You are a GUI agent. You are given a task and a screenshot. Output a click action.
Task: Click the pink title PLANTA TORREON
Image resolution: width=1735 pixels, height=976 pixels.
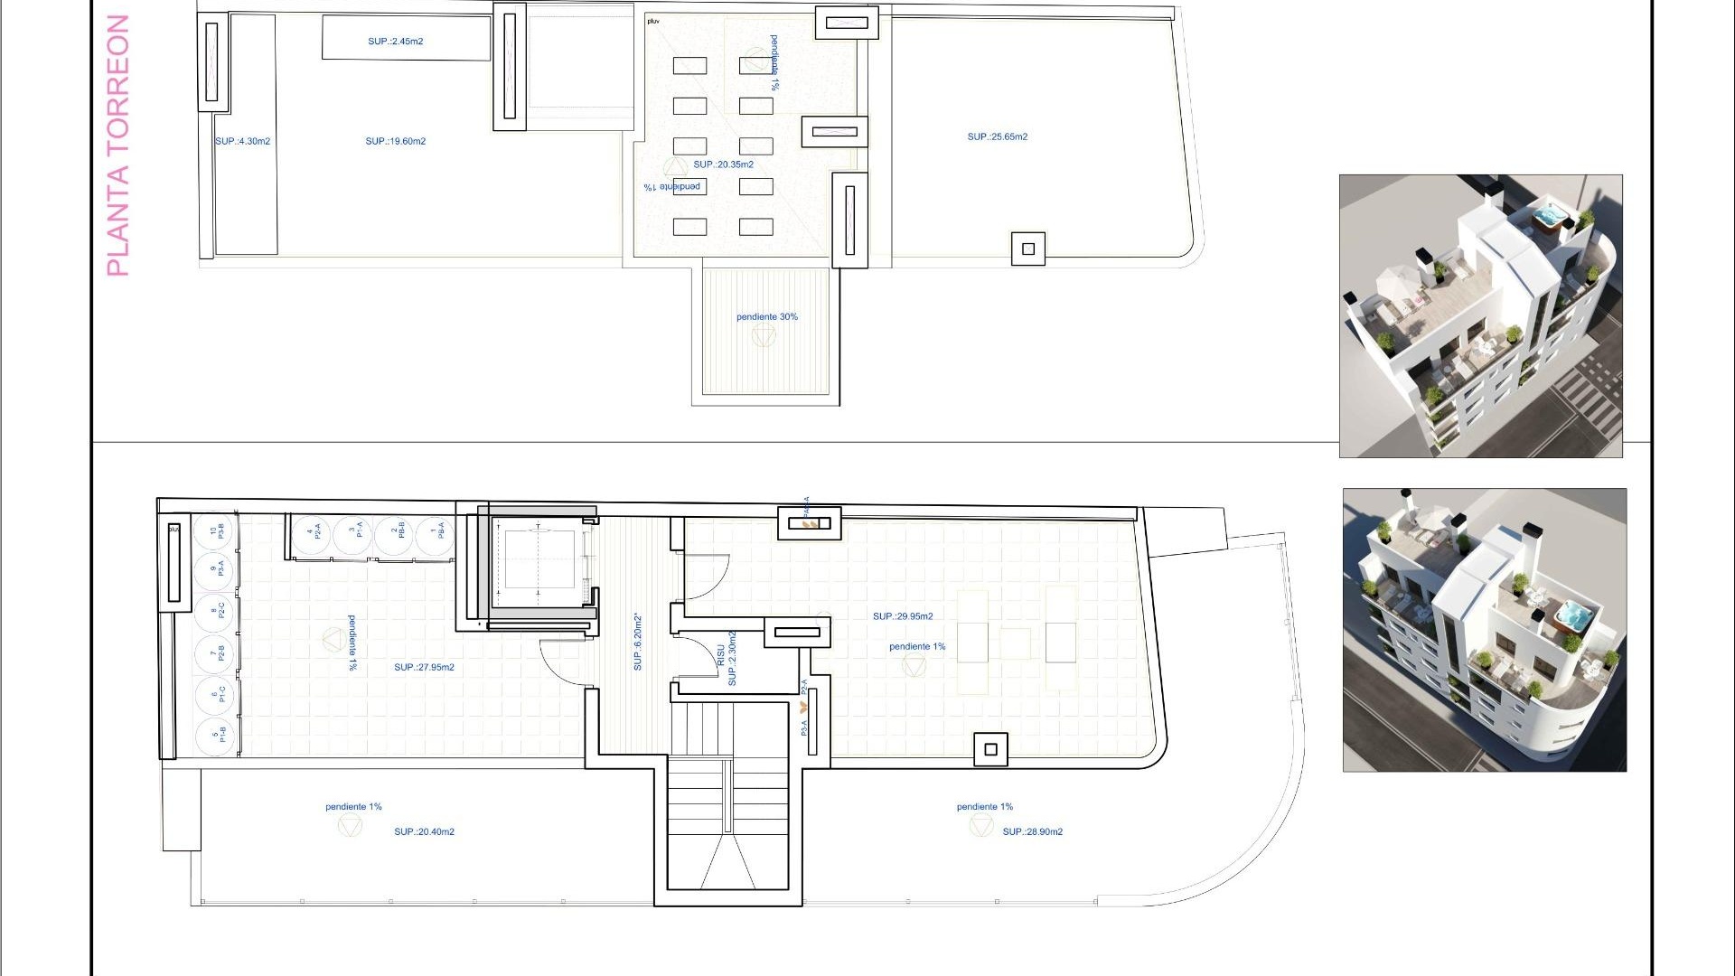[118, 145]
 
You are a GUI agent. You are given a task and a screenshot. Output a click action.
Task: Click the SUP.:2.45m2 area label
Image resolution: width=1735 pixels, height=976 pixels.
[395, 42]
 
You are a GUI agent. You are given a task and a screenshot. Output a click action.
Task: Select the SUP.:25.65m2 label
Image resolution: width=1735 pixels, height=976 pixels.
[997, 137]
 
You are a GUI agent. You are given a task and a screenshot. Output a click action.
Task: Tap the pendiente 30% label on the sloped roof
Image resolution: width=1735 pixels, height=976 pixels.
[766, 317]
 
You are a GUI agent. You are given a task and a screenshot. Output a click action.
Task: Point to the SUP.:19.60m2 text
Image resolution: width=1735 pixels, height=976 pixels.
[395, 142]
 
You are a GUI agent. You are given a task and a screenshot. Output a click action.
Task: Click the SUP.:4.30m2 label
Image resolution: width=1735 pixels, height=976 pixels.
[242, 142]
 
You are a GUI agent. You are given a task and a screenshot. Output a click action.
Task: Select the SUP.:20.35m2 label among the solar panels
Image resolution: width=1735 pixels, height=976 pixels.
[723, 164]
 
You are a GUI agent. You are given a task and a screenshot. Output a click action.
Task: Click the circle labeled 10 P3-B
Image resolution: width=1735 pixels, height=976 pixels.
[215, 532]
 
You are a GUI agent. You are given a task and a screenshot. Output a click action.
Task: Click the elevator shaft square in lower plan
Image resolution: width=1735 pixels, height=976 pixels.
[539, 558]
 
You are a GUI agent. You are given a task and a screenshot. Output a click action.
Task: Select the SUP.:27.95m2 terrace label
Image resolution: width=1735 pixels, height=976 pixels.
[424, 668]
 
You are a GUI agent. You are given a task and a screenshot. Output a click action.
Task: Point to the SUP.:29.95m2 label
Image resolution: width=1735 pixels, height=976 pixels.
[903, 616]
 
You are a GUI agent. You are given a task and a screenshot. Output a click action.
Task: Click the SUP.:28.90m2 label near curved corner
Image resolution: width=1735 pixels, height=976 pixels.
[1032, 832]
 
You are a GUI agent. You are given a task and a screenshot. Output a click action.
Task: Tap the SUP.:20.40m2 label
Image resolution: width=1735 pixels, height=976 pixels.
[424, 832]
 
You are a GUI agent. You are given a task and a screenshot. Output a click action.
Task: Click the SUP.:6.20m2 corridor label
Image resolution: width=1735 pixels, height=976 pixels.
[638, 642]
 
